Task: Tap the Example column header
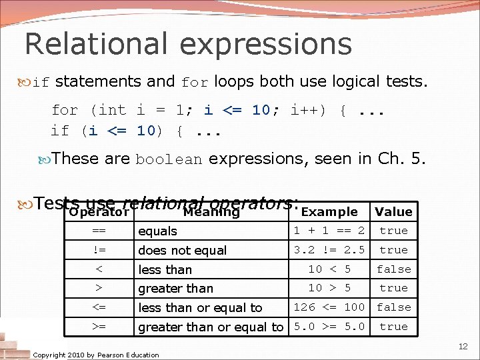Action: point(329,212)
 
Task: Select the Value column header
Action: point(393,212)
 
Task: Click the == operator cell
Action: point(99,231)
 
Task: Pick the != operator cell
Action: point(99,250)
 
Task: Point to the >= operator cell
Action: point(99,327)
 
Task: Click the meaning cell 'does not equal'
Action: point(182,251)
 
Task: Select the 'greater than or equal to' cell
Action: point(210,327)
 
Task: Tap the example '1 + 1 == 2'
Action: point(329,231)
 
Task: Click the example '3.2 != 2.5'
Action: point(329,250)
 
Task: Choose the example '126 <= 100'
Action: point(329,307)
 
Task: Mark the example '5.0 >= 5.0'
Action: point(329,327)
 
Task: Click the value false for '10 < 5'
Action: point(393,269)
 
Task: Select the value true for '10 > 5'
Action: point(393,288)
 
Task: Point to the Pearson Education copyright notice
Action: point(96,355)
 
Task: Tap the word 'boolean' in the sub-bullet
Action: point(168,160)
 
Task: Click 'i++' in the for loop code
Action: point(307,111)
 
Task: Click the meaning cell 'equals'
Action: point(157,231)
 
